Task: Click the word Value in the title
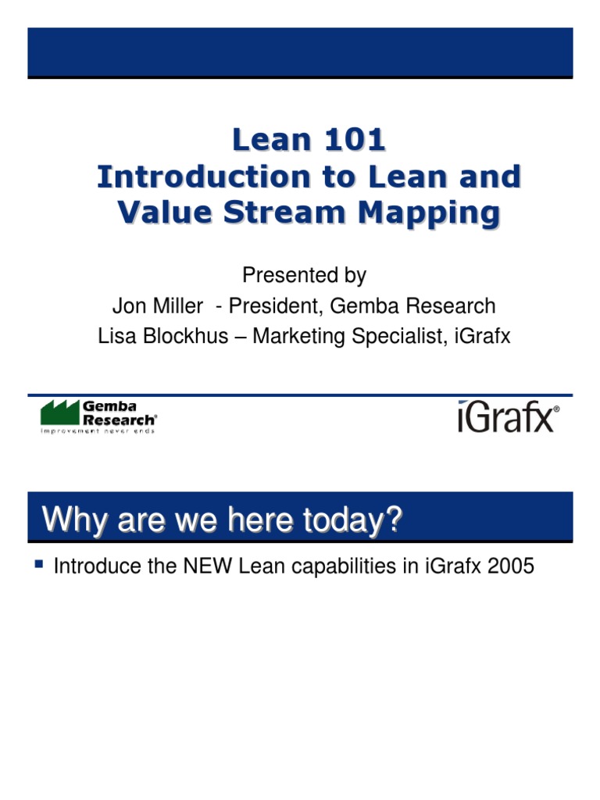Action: pyautogui.click(x=162, y=212)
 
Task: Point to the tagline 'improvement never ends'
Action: pyautogui.click(x=98, y=430)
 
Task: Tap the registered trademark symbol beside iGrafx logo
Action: pyautogui.click(x=556, y=409)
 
